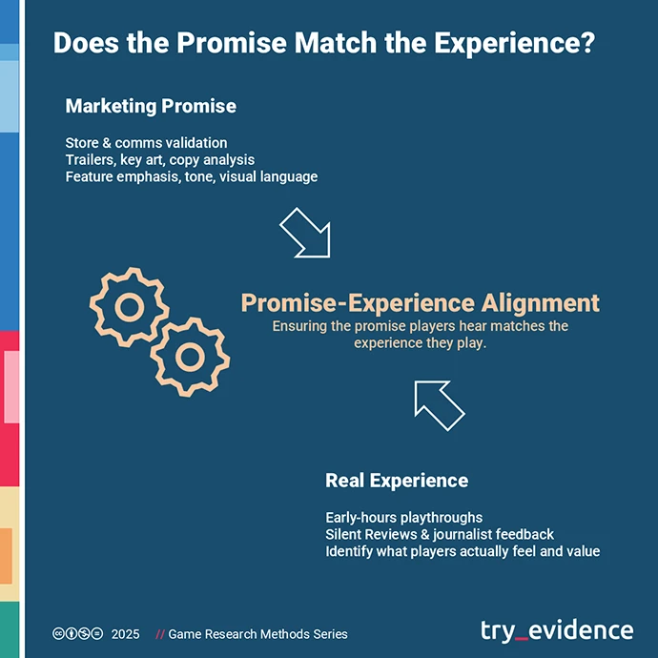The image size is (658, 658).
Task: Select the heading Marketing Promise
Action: click(151, 105)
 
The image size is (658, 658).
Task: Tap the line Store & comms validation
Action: click(146, 143)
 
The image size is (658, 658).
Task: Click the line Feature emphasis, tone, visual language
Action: click(191, 176)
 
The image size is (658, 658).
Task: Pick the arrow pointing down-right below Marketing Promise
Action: click(304, 233)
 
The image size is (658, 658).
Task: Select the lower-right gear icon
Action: click(190, 356)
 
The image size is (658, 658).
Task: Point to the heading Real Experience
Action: click(397, 480)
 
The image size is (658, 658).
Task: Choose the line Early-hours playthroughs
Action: click(403, 518)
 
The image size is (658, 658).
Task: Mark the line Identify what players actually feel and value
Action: click(463, 551)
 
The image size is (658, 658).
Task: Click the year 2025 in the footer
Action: click(125, 634)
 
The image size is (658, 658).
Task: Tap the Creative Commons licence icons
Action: click(77, 634)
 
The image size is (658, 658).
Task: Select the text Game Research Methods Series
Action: click(257, 634)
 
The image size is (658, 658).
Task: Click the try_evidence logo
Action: click(556, 630)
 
